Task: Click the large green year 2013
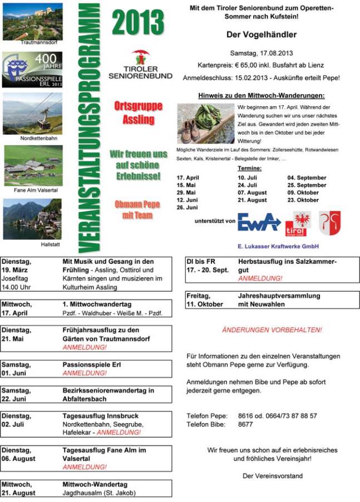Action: point(139,22)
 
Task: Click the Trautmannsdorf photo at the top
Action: point(33,21)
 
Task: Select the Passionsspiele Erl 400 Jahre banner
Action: point(33,70)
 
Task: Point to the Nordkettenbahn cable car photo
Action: point(33,114)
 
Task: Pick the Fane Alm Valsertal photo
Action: point(33,165)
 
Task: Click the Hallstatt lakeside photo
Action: point(33,219)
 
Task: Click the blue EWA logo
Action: point(259,221)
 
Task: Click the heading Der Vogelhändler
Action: point(261,35)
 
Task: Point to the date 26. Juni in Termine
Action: point(187,207)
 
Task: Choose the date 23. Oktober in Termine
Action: point(303,200)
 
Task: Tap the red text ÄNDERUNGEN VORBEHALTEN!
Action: point(272,330)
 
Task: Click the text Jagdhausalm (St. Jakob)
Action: point(99,493)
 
